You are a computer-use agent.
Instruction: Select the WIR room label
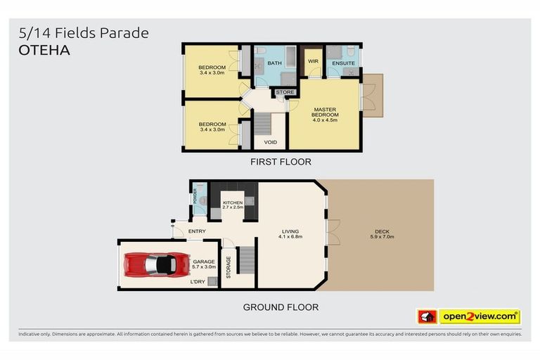point(313,62)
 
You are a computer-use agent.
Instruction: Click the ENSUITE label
point(343,62)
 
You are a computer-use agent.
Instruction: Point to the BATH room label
point(274,62)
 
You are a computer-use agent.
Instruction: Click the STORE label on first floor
point(285,92)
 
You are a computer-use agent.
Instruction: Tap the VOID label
point(270,142)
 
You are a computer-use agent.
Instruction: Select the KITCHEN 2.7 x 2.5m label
point(232,205)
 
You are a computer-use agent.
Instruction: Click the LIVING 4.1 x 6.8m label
point(290,234)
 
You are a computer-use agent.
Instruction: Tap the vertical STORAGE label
point(229,266)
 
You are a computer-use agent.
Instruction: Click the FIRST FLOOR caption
point(281,162)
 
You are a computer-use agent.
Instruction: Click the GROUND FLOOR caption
point(281,307)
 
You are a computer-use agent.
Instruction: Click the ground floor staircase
point(244,261)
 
